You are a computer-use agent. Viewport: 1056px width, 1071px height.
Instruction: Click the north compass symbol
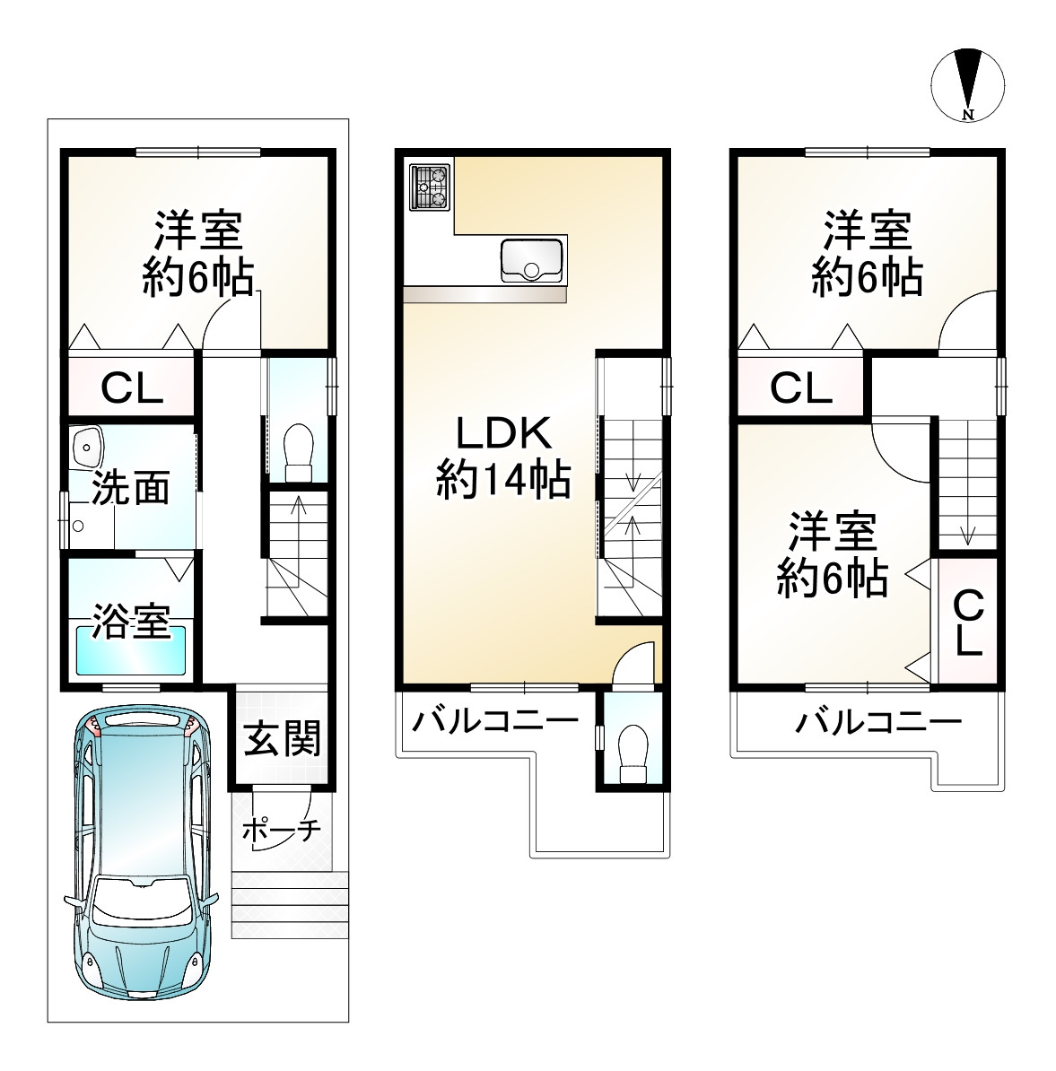[x=967, y=85]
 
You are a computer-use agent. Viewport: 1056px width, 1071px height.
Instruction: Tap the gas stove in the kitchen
[x=430, y=187]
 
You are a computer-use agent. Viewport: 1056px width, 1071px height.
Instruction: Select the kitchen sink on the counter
[x=532, y=260]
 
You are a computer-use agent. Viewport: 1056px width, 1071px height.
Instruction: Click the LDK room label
[x=502, y=432]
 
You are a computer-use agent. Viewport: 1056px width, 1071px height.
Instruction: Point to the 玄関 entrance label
[x=282, y=738]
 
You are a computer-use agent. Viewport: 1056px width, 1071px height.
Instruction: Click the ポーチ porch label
[x=282, y=830]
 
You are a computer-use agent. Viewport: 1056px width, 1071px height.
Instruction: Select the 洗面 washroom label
[x=130, y=488]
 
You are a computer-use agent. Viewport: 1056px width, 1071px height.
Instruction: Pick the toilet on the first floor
[x=299, y=453]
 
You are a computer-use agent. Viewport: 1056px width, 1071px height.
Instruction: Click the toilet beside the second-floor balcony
[x=633, y=753]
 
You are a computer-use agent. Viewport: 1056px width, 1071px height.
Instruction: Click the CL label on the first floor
[x=132, y=388]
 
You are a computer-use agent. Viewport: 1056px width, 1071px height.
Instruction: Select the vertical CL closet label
[x=968, y=623]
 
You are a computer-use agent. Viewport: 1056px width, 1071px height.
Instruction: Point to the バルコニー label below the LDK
[x=495, y=721]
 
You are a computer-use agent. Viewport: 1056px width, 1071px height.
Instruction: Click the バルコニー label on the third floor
[x=878, y=721]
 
